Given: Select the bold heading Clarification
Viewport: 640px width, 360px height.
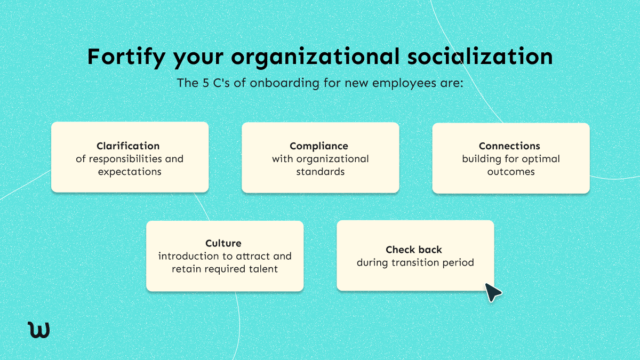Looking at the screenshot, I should tap(128, 146).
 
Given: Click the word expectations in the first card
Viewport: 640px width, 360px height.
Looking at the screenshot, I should tap(130, 172).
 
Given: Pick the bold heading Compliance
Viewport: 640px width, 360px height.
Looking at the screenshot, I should tap(319, 146).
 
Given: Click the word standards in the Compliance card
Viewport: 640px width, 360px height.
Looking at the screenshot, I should tap(320, 172).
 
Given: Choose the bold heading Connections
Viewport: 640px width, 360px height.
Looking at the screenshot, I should tap(509, 146).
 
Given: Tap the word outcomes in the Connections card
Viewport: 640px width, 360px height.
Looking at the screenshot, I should tap(511, 172).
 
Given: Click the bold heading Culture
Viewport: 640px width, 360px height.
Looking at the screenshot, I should tap(223, 244).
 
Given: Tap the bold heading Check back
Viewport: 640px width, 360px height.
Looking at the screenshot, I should tap(414, 250).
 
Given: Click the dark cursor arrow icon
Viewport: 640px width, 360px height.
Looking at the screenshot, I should tap(492, 292).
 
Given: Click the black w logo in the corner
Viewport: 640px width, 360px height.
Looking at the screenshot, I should tap(38, 329).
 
